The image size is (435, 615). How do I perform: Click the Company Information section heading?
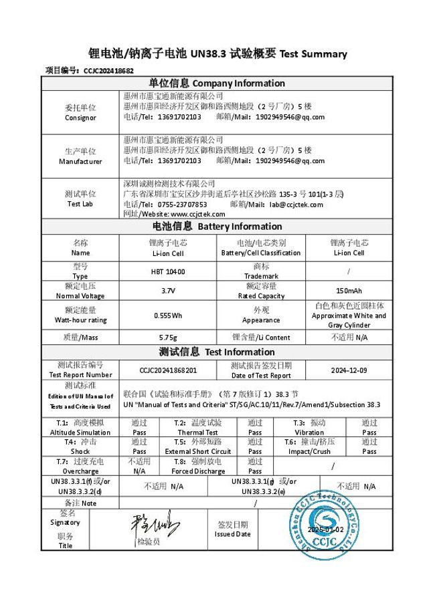click(216, 84)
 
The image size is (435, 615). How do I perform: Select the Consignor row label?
click(80, 112)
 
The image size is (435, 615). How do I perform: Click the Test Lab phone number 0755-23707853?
click(177, 205)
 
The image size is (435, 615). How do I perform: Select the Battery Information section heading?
click(216, 227)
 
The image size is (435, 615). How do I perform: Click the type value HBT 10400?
click(168, 271)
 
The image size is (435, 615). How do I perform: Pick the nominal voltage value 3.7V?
click(168, 291)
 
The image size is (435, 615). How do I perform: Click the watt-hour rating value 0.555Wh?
click(168, 315)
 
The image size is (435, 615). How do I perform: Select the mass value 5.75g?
click(168, 337)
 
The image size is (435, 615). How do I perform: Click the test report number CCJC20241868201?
click(168, 370)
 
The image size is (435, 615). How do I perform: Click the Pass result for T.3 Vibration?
click(369, 428)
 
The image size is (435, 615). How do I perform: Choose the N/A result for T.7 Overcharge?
click(139, 466)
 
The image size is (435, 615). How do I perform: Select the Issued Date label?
click(233, 529)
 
